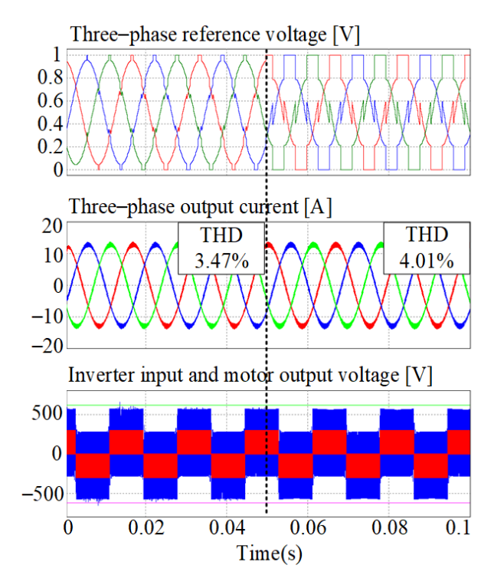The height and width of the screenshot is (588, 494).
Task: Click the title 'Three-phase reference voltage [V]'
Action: (214, 34)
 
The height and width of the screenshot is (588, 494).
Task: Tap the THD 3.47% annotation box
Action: (221, 248)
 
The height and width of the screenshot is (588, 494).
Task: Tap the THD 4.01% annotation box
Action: (427, 248)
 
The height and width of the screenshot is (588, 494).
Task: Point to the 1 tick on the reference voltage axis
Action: (57, 54)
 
